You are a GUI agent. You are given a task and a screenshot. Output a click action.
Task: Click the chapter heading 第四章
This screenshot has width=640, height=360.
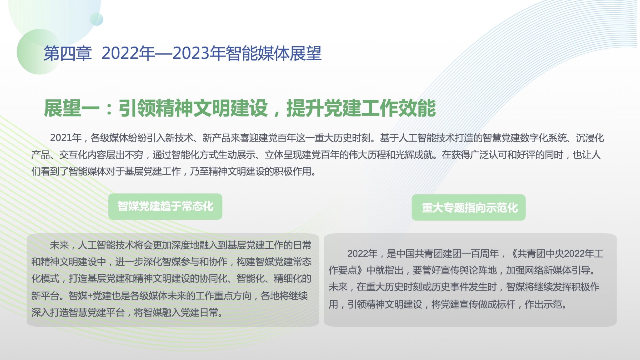(x=67, y=53)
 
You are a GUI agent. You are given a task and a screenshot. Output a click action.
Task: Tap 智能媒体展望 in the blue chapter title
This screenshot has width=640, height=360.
(x=273, y=53)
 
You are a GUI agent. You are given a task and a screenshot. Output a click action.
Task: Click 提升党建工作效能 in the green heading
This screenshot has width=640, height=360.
(x=361, y=108)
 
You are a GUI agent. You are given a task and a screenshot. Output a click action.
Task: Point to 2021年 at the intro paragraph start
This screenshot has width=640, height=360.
(x=66, y=138)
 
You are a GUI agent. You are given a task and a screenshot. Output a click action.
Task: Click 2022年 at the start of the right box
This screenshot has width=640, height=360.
(x=362, y=253)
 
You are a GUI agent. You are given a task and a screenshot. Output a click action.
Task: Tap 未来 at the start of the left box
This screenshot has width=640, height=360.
(x=59, y=245)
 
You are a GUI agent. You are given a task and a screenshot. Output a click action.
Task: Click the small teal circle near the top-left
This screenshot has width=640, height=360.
(x=97, y=19)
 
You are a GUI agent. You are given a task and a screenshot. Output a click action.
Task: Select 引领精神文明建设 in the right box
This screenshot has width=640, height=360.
(x=385, y=304)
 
